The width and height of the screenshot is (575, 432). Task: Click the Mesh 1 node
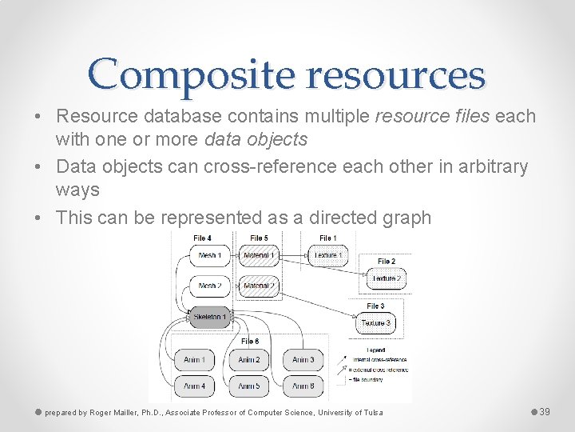click(210, 256)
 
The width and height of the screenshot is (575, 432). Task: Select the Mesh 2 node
click(210, 286)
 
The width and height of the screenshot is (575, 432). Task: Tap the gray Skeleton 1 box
click(210, 317)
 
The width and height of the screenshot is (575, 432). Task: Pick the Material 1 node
click(259, 256)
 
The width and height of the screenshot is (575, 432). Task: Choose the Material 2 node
click(259, 286)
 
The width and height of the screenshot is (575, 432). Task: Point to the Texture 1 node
click(327, 256)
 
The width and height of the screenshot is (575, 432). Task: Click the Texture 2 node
click(387, 278)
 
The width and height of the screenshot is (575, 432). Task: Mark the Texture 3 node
click(375, 323)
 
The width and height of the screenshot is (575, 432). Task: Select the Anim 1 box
click(194, 360)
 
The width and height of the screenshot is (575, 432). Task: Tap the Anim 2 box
click(248, 360)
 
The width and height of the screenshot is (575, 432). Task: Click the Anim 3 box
click(303, 360)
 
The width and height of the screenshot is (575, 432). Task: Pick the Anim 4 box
click(194, 386)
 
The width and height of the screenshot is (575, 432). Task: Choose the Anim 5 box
click(248, 386)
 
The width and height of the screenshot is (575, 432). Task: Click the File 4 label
click(203, 238)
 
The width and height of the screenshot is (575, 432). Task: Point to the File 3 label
click(375, 306)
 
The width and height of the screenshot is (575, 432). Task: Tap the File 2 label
click(387, 262)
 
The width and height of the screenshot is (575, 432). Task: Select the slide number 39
click(545, 411)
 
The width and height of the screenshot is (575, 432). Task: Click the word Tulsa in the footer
click(371, 412)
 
